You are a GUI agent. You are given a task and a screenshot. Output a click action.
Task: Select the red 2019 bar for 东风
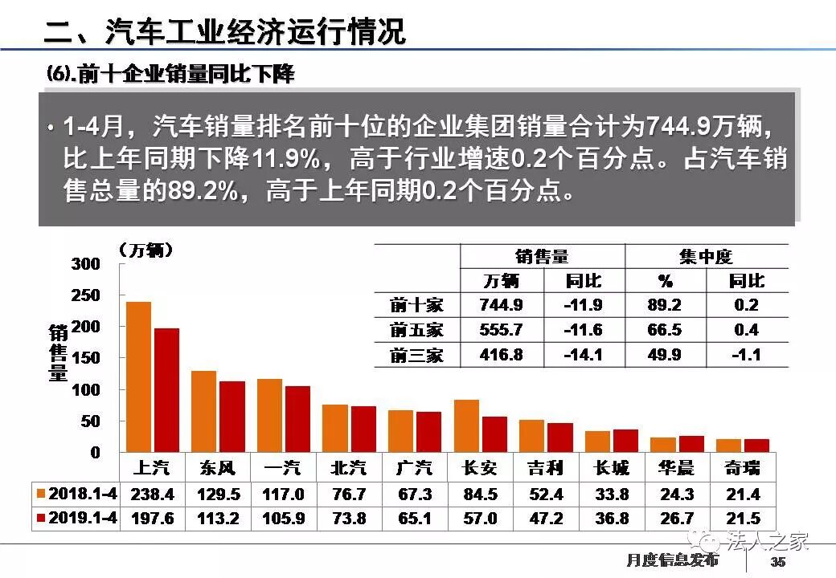(x=232, y=417)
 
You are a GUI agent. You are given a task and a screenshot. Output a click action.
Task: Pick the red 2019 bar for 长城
(x=625, y=441)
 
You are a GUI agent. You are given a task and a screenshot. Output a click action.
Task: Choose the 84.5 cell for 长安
(x=481, y=495)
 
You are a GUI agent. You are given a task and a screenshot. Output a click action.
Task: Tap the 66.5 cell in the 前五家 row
(x=665, y=330)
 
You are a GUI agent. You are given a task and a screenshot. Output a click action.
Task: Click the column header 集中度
(x=706, y=256)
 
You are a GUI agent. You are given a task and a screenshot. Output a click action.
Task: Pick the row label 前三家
(x=416, y=355)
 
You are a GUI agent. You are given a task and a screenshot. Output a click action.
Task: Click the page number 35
(x=777, y=561)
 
